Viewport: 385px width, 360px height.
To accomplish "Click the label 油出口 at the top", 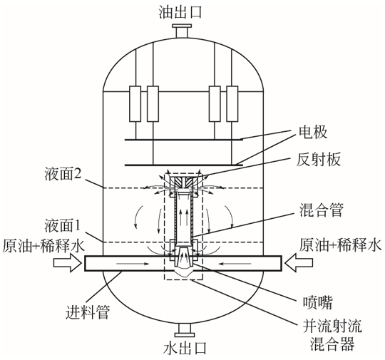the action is tap(180, 12).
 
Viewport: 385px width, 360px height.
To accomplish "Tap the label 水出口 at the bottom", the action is tap(185, 348).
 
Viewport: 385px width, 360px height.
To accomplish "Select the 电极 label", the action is tap(313, 132).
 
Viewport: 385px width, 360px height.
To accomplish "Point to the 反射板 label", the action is tap(319, 160).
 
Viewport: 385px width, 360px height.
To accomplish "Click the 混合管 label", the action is tap(321, 210).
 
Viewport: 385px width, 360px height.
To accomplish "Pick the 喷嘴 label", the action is tap(317, 302).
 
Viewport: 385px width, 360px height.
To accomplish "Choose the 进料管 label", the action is tap(88, 312).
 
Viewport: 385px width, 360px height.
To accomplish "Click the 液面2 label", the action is tap(63, 174).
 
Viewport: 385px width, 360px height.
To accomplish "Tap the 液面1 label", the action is tap(63, 225).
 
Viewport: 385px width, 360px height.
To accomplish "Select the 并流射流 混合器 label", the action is tap(332, 335).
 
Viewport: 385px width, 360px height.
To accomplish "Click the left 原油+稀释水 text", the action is tap(43, 245).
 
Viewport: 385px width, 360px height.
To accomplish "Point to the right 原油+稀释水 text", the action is tap(341, 245).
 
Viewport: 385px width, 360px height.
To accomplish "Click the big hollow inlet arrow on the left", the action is tap(68, 263).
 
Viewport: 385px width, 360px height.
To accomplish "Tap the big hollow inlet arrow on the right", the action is tap(299, 263).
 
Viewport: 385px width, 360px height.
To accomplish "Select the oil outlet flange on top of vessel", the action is tap(182, 31).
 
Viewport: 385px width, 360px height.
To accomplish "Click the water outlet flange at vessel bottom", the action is tap(185, 330).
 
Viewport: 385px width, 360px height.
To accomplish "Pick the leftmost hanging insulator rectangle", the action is tap(135, 103).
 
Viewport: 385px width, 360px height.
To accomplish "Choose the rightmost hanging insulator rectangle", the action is tap(232, 103).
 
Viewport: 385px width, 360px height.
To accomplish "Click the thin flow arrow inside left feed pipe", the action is tap(133, 264).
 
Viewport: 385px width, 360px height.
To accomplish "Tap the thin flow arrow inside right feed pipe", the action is tap(235, 264).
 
